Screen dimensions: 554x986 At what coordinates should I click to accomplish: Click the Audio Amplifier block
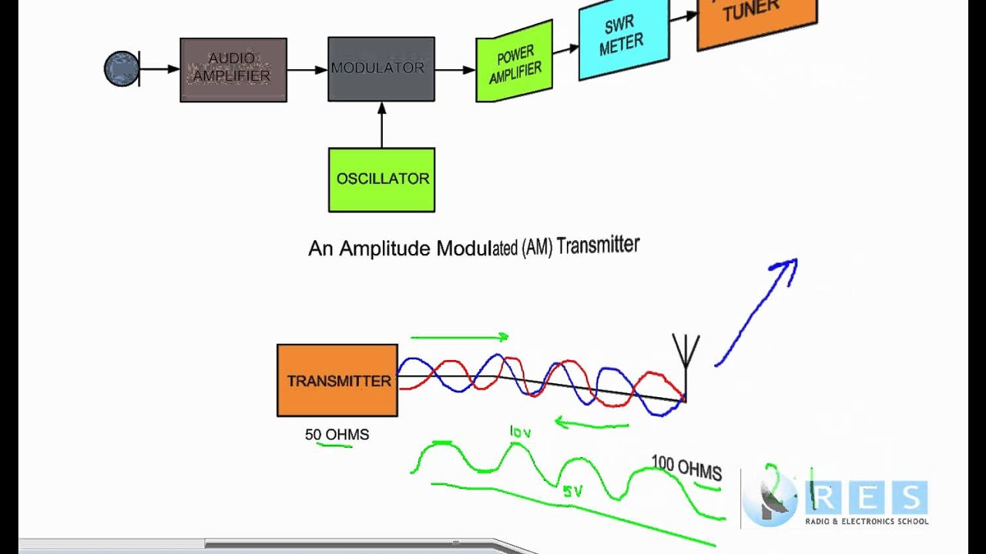(233, 69)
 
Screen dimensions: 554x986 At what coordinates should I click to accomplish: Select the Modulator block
(381, 69)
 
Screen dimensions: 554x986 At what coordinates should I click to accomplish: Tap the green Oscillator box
(381, 179)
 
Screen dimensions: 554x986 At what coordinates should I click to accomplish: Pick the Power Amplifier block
(514, 62)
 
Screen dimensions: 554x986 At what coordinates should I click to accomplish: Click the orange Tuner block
(756, 18)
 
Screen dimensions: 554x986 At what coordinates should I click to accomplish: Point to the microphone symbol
(122, 69)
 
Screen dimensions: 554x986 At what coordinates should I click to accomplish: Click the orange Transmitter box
(337, 380)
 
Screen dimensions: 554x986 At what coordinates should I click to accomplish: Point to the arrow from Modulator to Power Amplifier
(454, 70)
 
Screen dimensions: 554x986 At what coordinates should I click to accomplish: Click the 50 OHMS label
(337, 435)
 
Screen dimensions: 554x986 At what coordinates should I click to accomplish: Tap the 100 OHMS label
(686, 466)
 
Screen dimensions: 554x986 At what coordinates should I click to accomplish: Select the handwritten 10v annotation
(521, 432)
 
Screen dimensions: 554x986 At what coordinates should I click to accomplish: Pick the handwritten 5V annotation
(572, 491)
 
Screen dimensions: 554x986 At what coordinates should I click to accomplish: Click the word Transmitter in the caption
(598, 246)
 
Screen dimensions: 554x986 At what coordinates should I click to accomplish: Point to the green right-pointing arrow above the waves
(460, 337)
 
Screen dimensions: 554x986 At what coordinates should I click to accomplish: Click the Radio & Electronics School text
(867, 522)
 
